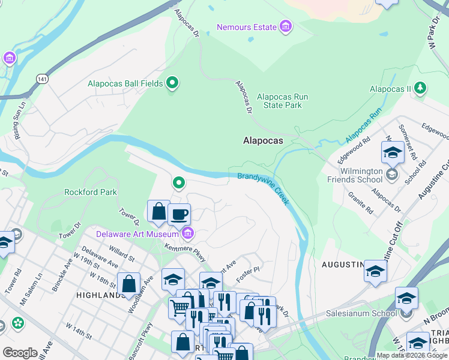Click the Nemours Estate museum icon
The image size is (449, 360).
click(286, 27)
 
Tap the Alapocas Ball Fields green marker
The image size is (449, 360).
click(173, 83)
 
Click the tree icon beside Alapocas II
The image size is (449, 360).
click(421, 89)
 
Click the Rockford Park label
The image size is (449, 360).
click(91, 193)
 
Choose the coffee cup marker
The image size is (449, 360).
click(179, 214)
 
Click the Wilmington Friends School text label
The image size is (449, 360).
click(355, 175)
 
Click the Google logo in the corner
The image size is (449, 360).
click(20, 352)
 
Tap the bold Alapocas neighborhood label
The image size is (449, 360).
click(262, 140)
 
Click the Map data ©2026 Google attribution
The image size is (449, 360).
click(412, 355)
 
